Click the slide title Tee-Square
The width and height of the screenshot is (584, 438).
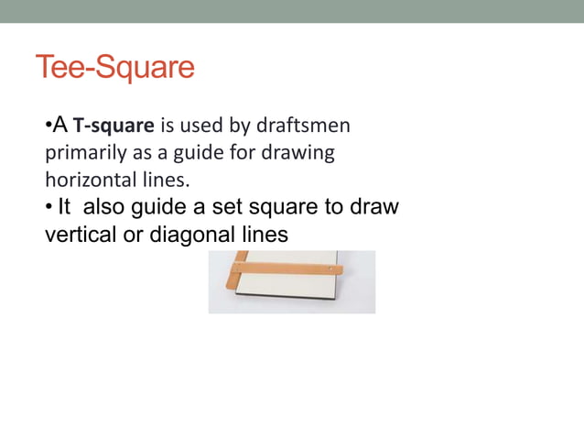pyautogui.click(x=115, y=68)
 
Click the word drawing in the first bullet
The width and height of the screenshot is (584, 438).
pyautogui.click(x=305, y=148)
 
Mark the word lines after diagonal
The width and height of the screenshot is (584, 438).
pyautogui.click(x=263, y=235)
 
